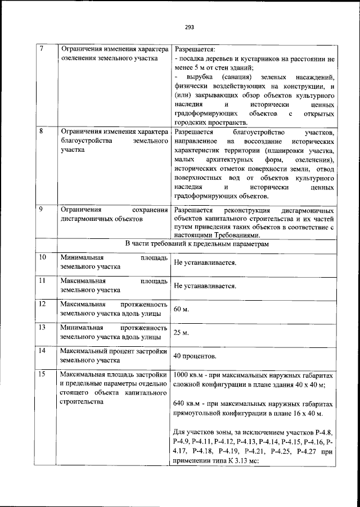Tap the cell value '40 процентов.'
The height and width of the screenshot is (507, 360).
195,356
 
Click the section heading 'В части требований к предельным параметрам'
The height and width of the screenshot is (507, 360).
196,245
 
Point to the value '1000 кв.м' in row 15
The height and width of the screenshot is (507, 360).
188,375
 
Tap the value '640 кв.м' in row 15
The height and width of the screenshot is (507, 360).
187,404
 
